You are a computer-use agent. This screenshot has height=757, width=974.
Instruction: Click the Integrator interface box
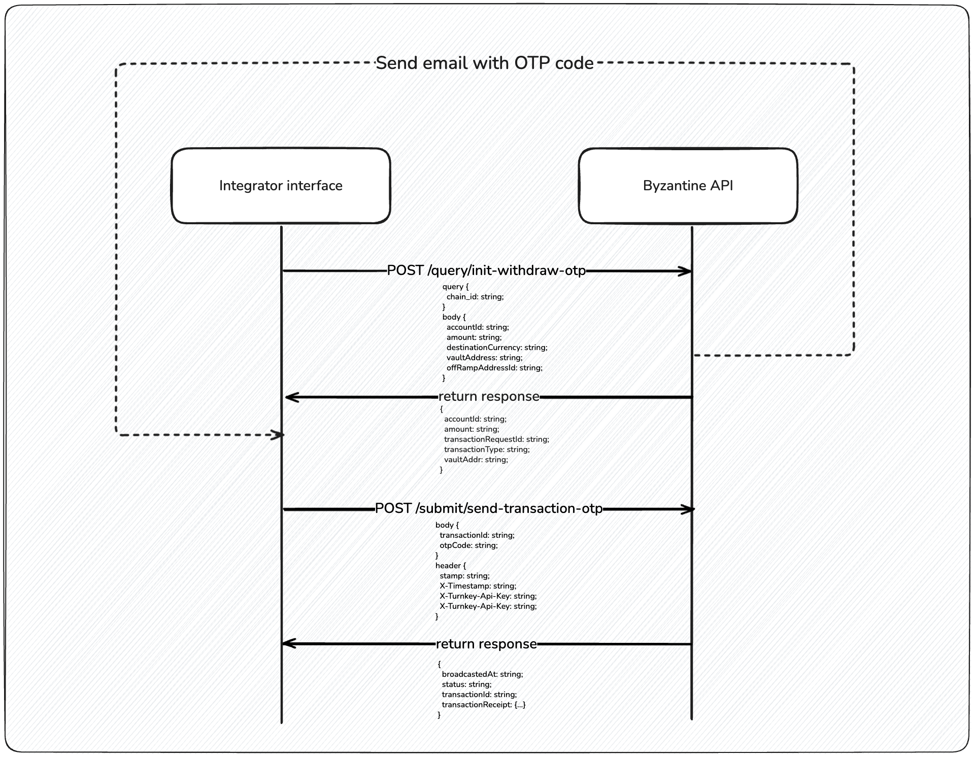(x=281, y=186)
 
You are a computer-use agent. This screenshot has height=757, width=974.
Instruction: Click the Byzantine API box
(x=688, y=186)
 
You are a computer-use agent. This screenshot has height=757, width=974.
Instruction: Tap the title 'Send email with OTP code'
(x=484, y=63)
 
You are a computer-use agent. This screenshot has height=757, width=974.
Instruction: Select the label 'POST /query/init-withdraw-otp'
(x=486, y=270)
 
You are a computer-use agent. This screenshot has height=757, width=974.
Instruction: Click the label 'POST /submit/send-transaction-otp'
(x=488, y=508)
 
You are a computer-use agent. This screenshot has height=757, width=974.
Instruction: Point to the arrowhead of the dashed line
(x=279, y=435)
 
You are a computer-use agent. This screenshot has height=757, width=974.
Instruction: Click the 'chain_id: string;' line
(x=475, y=297)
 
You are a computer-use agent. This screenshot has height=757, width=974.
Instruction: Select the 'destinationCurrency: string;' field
(x=496, y=348)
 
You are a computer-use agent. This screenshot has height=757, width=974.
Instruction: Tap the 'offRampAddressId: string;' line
(x=494, y=368)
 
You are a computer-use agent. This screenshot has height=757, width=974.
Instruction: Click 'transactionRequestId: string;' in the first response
(x=496, y=439)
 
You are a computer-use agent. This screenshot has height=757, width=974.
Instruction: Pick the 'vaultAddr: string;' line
(x=476, y=460)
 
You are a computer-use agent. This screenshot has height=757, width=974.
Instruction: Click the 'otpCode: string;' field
(x=468, y=545)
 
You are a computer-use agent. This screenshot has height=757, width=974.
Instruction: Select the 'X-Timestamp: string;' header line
(x=478, y=586)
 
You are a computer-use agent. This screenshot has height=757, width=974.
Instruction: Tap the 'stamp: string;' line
(x=464, y=576)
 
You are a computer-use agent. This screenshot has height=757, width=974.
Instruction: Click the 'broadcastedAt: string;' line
(x=482, y=674)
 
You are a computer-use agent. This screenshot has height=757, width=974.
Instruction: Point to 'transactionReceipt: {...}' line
(x=484, y=705)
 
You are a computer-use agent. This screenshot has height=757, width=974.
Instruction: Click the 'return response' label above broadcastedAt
(x=486, y=644)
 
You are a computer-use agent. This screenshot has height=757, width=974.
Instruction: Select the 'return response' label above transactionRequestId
(x=488, y=396)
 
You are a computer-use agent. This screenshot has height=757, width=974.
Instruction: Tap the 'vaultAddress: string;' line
(x=484, y=358)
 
